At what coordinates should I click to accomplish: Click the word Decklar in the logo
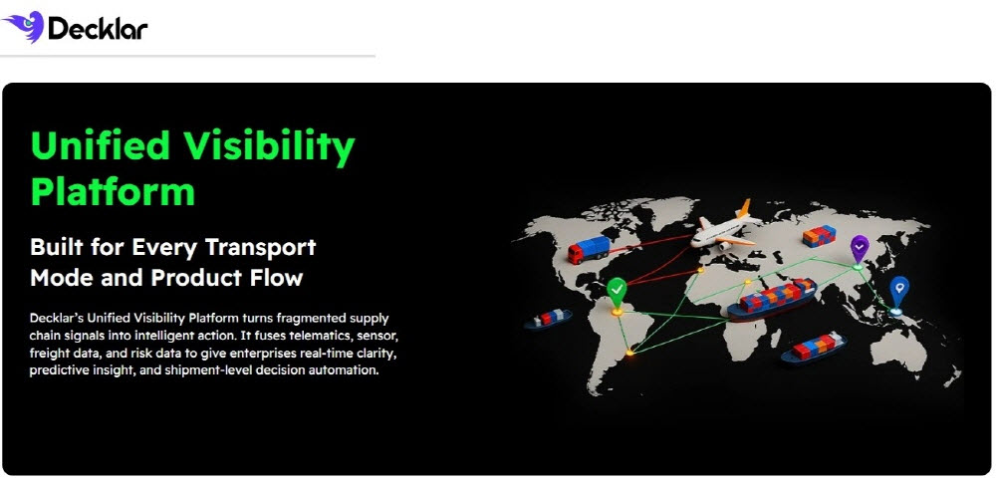coord(98,29)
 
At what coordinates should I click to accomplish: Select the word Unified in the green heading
coord(101,145)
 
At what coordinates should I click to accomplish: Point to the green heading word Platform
coord(113,191)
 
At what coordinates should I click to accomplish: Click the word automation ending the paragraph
coord(348,369)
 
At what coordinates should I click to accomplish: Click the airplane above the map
coord(725,224)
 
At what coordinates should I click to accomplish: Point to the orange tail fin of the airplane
coord(743,208)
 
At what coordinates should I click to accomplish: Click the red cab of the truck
coord(576,254)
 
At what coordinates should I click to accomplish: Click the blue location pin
coord(898,292)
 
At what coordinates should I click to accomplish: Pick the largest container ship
coord(772,299)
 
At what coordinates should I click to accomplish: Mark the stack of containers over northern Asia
coord(819,236)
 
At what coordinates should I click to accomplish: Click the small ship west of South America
coord(548,318)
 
